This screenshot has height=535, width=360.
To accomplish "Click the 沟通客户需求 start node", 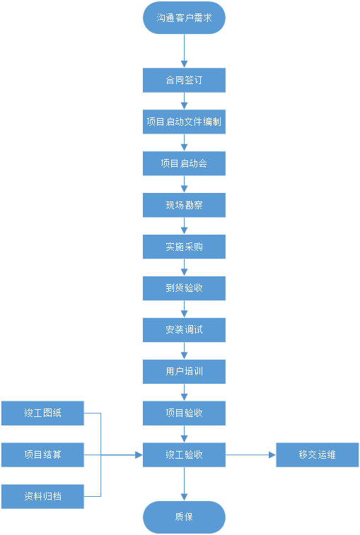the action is [x=184, y=18].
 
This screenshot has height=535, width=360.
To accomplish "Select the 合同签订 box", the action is [x=184, y=80].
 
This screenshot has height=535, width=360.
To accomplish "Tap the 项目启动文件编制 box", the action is [x=184, y=122].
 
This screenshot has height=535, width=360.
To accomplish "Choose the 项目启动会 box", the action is [x=184, y=163].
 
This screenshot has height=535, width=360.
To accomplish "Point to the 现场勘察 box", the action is [x=184, y=205].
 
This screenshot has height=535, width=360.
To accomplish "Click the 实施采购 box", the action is [x=184, y=247].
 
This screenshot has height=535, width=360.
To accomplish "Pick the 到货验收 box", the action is [x=184, y=288].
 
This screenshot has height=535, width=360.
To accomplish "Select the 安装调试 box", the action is [x=184, y=330].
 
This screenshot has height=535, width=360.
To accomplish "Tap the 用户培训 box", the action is [x=184, y=372].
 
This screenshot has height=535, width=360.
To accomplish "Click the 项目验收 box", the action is [x=184, y=413].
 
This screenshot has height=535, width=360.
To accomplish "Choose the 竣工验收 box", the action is [x=184, y=455].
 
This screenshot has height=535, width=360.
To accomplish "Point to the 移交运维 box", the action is [x=318, y=455].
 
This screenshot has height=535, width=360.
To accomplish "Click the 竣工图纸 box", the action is [x=42, y=413].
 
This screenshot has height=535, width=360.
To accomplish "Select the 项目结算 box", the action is [x=42, y=455].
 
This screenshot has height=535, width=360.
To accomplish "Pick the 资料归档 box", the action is [x=42, y=496].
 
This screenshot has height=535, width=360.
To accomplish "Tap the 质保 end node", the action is [x=184, y=517].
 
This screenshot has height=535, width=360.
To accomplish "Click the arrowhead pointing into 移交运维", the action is [x=272, y=455].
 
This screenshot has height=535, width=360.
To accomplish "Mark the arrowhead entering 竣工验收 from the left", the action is [x=139, y=455].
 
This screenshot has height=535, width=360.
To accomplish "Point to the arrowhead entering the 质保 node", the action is [x=184, y=498].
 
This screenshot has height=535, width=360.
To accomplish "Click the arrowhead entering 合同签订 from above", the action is [x=184, y=64].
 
